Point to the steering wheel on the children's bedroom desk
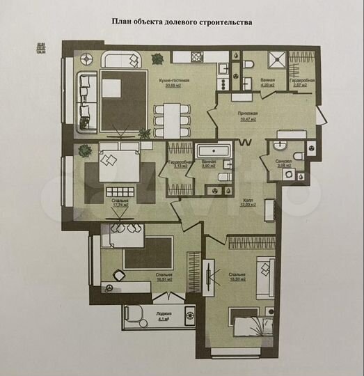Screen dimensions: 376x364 pos(107,288)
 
